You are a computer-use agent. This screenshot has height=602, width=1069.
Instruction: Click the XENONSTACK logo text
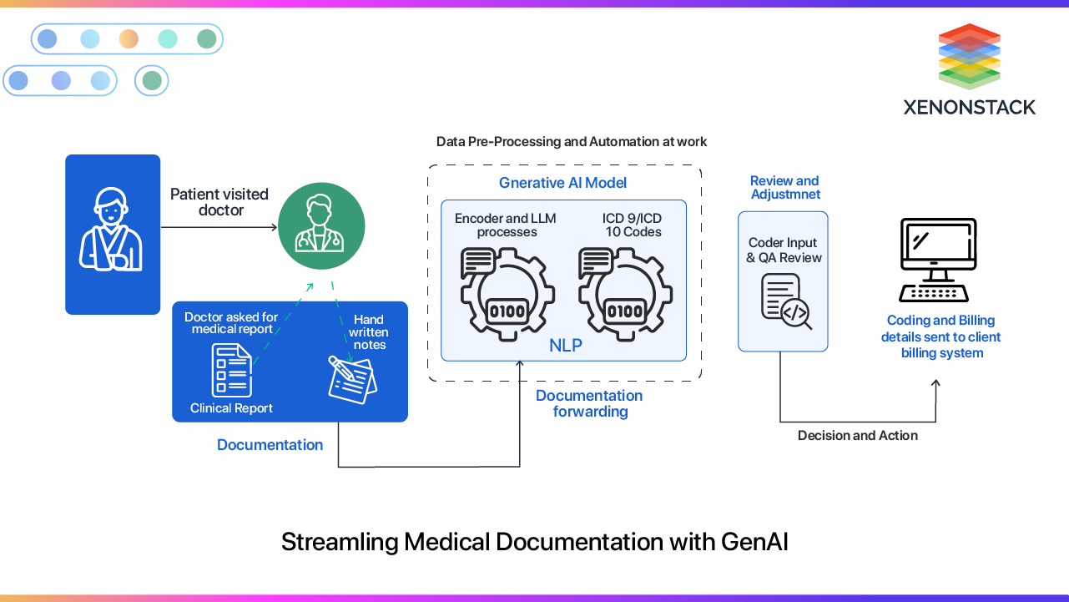click(969, 107)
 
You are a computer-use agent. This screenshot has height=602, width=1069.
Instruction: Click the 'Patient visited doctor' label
click(219, 202)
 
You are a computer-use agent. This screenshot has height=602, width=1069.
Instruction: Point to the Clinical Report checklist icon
click(231, 371)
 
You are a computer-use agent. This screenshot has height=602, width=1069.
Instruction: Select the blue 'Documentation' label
click(270, 445)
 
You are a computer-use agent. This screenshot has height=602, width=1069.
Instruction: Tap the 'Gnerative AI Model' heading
click(562, 183)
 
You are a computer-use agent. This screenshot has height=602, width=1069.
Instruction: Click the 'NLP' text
click(566, 346)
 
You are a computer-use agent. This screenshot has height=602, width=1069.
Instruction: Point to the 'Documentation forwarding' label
click(589, 403)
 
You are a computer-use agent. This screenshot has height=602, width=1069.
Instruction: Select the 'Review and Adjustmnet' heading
click(784, 188)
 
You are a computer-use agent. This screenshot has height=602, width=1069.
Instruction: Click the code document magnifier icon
click(786, 302)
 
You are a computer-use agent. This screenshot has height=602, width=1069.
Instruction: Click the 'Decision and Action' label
click(857, 436)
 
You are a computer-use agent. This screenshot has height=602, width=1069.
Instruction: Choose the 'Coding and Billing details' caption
click(941, 336)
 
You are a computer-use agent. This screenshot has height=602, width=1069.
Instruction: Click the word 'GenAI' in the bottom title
click(754, 542)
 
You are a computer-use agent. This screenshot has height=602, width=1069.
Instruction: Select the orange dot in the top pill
click(129, 38)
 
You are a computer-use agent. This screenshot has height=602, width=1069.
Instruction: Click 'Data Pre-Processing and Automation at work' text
click(572, 142)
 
